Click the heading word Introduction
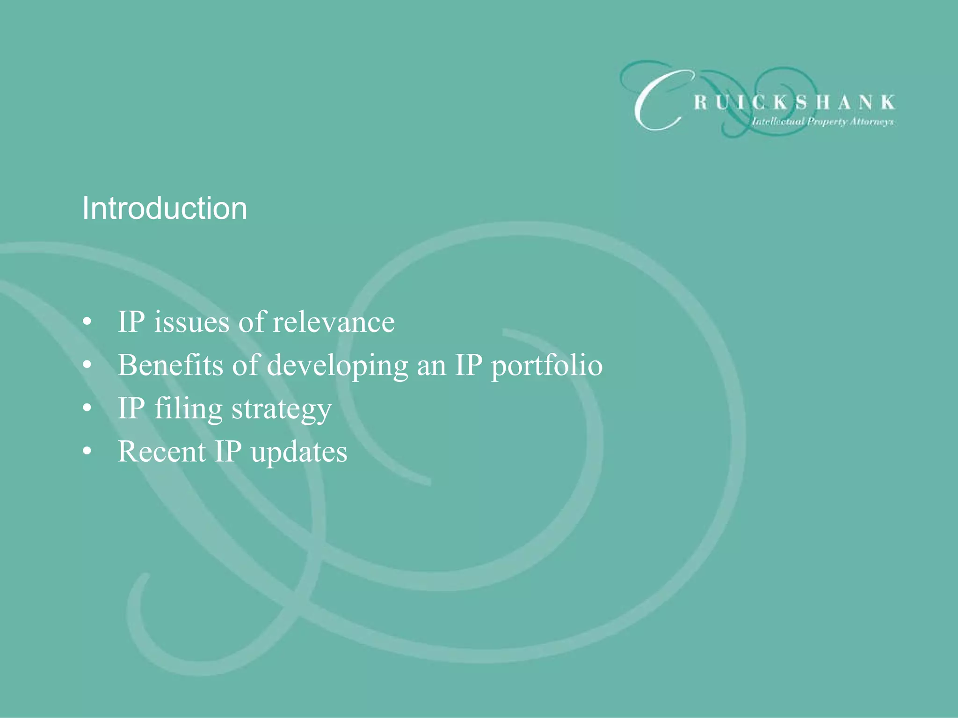(x=164, y=208)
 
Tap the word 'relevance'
(x=334, y=322)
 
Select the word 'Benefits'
(x=170, y=365)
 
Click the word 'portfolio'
(x=546, y=365)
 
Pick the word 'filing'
(x=189, y=409)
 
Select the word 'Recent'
(x=161, y=452)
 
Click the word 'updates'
(x=299, y=452)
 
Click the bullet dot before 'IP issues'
(x=87, y=323)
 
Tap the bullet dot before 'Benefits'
(x=87, y=366)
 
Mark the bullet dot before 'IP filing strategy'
(x=87, y=409)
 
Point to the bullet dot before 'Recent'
(x=87, y=452)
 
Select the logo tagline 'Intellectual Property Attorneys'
(x=823, y=122)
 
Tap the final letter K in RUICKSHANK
(x=888, y=102)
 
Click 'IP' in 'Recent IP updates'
(x=228, y=452)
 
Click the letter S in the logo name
(x=802, y=102)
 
